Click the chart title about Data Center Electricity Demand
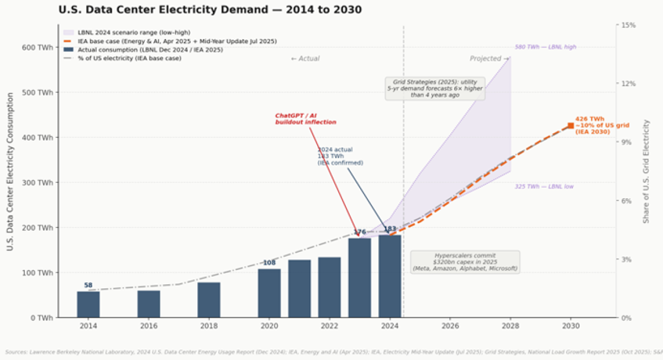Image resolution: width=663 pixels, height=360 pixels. [210, 10]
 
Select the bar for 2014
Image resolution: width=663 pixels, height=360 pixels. [88, 304]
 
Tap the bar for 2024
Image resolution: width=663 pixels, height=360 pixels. [390, 276]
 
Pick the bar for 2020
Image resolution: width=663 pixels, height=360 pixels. [269, 293]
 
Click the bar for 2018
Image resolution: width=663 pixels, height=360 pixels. [209, 300]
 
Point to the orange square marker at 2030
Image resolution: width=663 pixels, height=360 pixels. [571, 126]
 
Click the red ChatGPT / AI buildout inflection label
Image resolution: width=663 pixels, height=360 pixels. [306, 119]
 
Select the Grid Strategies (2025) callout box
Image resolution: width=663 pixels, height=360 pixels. [435, 88]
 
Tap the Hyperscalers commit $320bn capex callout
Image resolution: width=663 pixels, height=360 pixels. [465, 262]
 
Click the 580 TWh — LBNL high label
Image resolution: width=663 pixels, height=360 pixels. [545, 47]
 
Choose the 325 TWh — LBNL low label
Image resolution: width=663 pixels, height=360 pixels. [544, 187]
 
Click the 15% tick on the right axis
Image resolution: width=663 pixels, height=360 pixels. [629, 25]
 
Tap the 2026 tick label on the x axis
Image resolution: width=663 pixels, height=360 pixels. [450, 326]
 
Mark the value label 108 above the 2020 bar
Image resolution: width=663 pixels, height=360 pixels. [269, 263]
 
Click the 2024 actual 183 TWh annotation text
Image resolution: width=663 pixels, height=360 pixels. [340, 156]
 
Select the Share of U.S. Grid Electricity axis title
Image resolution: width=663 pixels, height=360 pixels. [646, 171]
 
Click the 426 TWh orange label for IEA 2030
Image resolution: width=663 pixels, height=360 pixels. [592, 125]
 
